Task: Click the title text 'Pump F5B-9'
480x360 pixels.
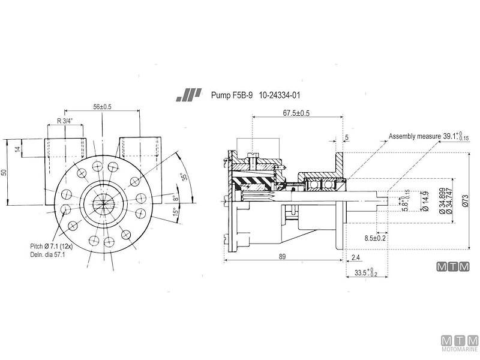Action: pyautogui.click(x=232, y=95)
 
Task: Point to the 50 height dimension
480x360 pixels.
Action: pyautogui.click(x=5, y=172)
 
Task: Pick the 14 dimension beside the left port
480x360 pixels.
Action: pyautogui.click(x=17, y=148)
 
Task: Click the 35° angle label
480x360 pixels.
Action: pyautogui.click(x=185, y=177)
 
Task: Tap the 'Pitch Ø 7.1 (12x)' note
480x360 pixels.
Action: pyautogui.click(x=53, y=246)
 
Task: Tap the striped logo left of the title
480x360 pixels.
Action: pyautogui.click(x=187, y=95)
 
